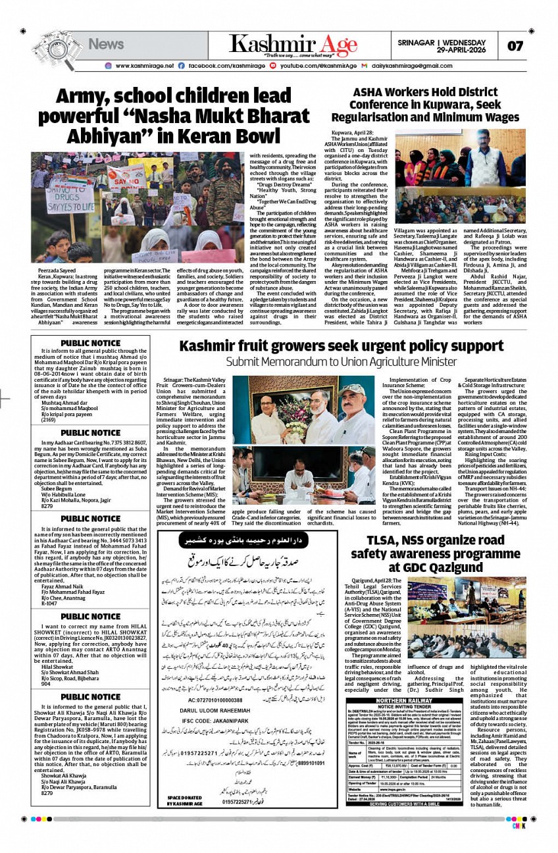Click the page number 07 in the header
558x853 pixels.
coord(515,46)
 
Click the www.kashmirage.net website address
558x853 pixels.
coord(144,66)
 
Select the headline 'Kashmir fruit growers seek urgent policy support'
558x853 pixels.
coord(332,346)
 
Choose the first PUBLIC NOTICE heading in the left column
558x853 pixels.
coord(90,343)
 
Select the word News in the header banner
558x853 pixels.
coord(106,44)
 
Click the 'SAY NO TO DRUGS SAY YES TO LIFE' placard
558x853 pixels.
coord(70,194)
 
